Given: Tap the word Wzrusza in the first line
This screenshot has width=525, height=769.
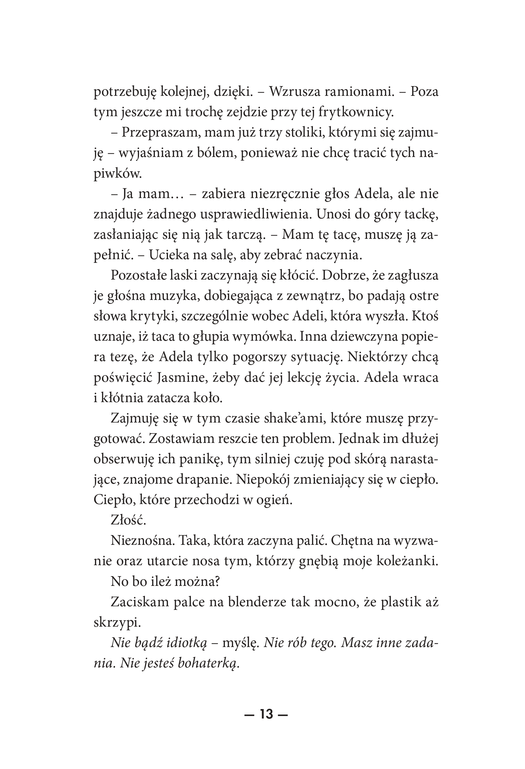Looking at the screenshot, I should (x=294, y=92).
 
